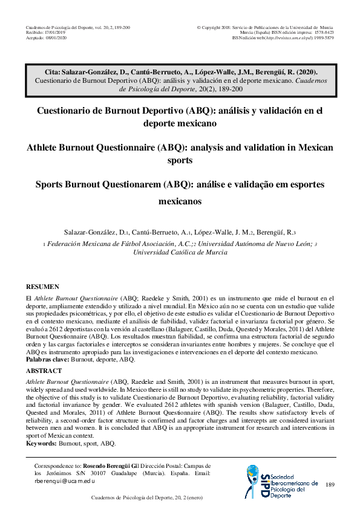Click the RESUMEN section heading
[x=43, y=287]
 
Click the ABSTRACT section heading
[x=44, y=371]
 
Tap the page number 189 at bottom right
[x=330, y=485]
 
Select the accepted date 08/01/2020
[x=53, y=37]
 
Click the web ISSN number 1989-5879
[x=322, y=37]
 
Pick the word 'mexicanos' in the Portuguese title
[x=180, y=202]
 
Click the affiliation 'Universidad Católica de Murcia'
[x=180, y=253]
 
